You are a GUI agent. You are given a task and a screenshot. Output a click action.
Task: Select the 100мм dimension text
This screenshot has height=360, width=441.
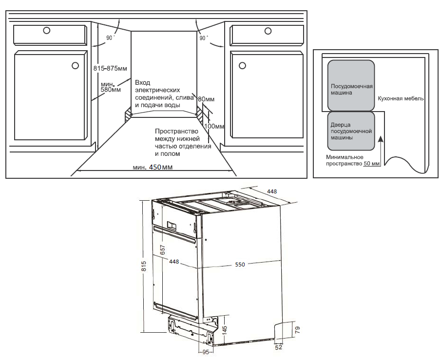[214, 126]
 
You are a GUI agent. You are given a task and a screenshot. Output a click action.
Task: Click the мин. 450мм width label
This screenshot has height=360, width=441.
[153, 167]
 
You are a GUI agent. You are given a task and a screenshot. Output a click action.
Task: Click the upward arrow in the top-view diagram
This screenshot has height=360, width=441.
[382, 146]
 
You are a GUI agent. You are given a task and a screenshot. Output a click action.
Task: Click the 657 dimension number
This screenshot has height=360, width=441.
[163, 249]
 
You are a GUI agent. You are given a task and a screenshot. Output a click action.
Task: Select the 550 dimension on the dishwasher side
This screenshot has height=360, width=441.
[240, 265]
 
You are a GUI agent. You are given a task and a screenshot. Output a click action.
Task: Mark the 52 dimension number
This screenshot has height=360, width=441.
[279, 347]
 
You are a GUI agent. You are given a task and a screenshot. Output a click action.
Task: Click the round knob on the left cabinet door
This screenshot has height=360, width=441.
[75, 65]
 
